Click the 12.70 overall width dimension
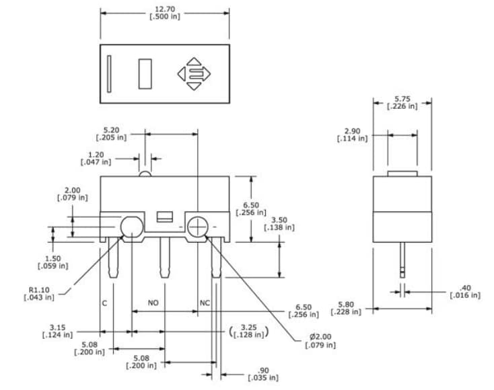pyautogui.click(x=164, y=13)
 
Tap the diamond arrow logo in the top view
pyautogui.click(x=194, y=73)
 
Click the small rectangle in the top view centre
pyautogui.click(x=145, y=73)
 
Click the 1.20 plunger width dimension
pyautogui.click(x=96, y=159)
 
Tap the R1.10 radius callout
pyautogui.click(x=38, y=294)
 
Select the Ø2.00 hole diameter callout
pyautogui.click(x=320, y=340)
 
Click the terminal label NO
pyautogui.click(x=153, y=303)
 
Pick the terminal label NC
pyautogui.click(x=205, y=303)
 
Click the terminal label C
pyautogui.click(x=104, y=303)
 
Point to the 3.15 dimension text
pyautogui.click(x=57, y=331)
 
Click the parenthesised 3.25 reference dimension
pyautogui.click(x=249, y=331)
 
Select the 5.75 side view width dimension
pyautogui.click(x=402, y=102)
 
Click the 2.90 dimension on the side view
pyautogui.click(x=353, y=134)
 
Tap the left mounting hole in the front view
pyautogui.click(x=131, y=227)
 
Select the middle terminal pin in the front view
pyautogui.click(x=163, y=258)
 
